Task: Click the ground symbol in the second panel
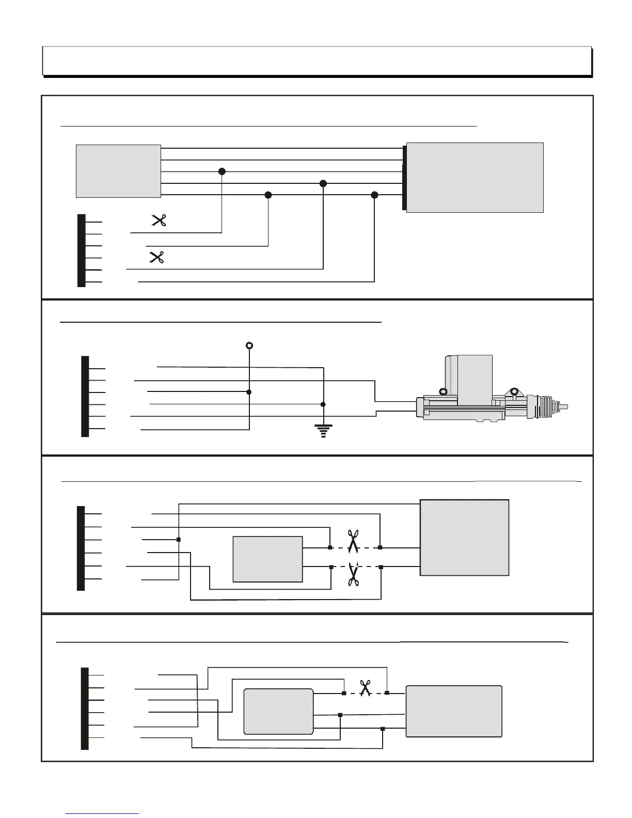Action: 323,431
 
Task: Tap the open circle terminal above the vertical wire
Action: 249,345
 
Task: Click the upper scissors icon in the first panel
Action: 159,221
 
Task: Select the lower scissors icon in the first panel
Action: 156,257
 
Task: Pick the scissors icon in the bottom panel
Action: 366,688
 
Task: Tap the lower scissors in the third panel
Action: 353,574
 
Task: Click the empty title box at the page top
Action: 316,61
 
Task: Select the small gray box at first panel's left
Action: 118,171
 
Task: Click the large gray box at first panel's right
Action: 475,177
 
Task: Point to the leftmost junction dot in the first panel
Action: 222,171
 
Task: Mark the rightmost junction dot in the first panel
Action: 375,195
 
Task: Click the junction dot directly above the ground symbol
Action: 323,404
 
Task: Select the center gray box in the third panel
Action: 267,559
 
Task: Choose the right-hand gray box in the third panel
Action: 464,537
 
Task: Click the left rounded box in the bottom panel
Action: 278,711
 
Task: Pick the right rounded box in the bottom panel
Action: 454,711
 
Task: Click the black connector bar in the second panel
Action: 85,396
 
